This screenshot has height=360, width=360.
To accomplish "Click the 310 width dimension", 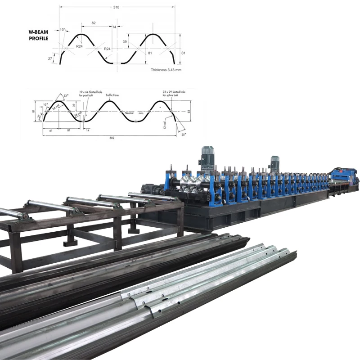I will (x=117, y=7).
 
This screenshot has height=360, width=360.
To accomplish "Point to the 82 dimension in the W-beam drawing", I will (x=93, y=22).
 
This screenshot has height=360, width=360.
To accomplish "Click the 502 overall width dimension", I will (x=112, y=138).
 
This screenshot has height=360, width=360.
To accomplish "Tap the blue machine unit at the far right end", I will (x=344, y=176).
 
